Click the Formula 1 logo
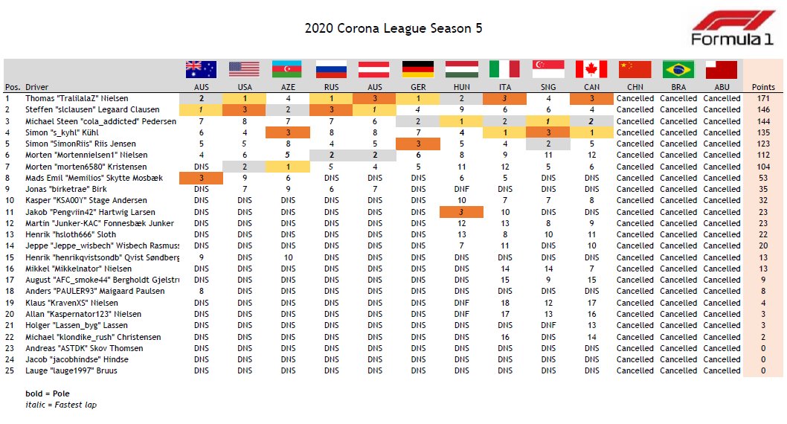(x=731, y=29)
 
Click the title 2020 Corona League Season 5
(x=393, y=28)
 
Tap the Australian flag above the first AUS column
(x=201, y=69)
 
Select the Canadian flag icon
(x=591, y=69)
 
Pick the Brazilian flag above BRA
(x=678, y=69)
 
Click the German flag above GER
(x=418, y=69)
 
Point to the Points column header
(x=763, y=87)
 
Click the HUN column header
(x=461, y=87)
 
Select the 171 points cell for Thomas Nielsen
(x=763, y=98)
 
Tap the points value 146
(x=763, y=109)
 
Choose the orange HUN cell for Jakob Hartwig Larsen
(x=461, y=212)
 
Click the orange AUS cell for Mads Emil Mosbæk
(x=201, y=178)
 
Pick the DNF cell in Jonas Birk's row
(x=461, y=189)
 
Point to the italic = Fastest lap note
(x=61, y=405)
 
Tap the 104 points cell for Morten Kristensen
(x=763, y=167)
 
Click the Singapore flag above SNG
(x=548, y=69)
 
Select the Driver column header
(x=36, y=87)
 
